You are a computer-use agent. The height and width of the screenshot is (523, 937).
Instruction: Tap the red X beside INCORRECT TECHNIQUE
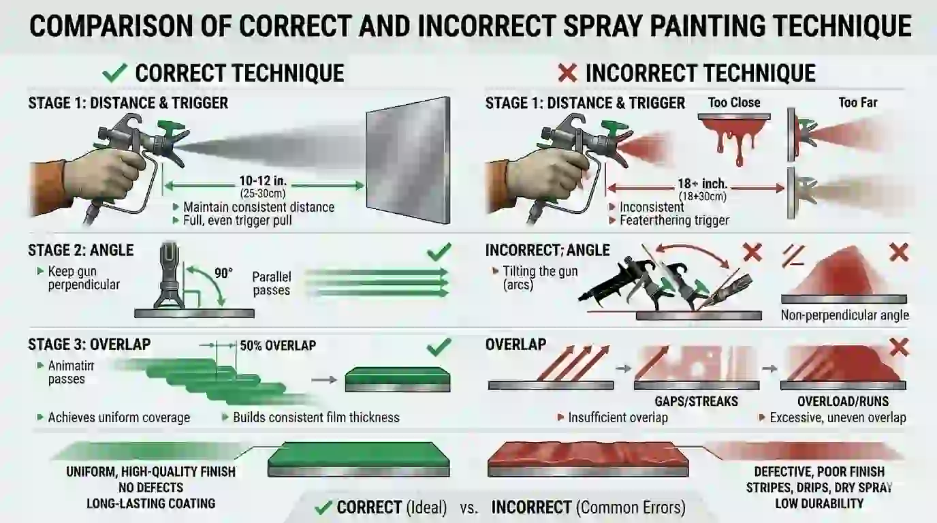[567, 72]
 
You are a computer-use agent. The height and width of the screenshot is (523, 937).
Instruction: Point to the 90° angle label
[223, 273]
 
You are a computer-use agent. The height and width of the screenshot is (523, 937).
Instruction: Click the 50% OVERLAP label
[278, 345]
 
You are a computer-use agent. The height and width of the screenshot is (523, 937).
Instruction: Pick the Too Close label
[733, 103]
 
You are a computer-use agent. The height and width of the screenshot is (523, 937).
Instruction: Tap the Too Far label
[857, 103]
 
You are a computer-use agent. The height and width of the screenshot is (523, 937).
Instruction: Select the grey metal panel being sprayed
[408, 160]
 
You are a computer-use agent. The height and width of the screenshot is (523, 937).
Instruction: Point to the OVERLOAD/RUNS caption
[842, 401]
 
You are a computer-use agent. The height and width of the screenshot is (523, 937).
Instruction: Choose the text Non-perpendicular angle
[844, 315]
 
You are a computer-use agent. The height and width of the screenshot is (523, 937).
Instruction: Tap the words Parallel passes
[271, 283]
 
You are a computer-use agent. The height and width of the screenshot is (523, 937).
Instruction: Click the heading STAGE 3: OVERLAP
[89, 345]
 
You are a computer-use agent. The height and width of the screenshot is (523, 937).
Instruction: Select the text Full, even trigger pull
[238, 221]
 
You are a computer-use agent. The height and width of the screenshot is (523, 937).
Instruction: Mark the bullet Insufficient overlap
[618, 417]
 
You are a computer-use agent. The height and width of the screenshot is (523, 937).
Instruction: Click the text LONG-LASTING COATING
[150, 504]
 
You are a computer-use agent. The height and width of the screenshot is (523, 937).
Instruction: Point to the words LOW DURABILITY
[819, 504]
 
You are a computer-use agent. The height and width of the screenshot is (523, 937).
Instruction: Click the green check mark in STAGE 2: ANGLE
[439, 253]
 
